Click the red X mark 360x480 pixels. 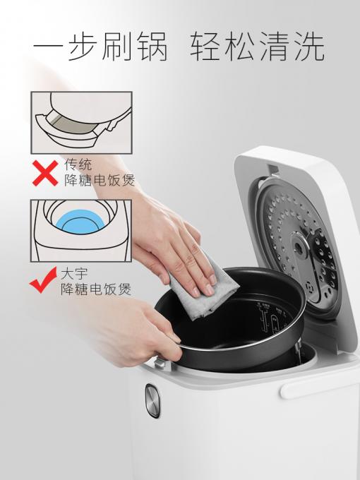[x=45, y=173]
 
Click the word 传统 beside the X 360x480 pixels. [x=78, y=164]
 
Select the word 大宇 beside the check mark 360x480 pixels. [x=74, y=273]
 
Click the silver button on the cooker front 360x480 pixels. [x=152, y=401]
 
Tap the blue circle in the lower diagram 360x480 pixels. [x=80, y=222]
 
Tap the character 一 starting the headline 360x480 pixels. [x=49, y=47]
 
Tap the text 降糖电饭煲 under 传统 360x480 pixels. [x=100, y=180]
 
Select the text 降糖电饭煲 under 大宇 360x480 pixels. [x=96, y=289]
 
